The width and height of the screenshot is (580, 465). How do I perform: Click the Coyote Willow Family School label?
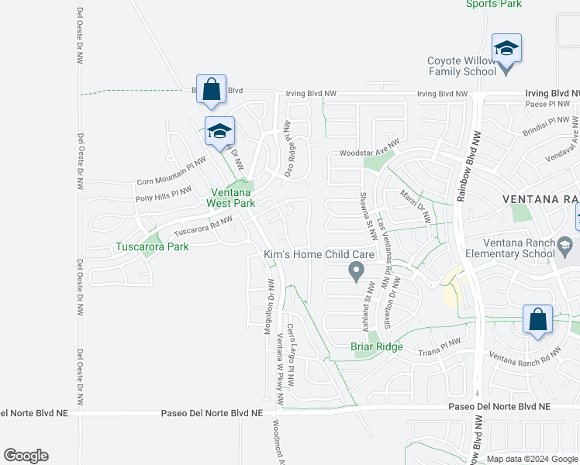462,67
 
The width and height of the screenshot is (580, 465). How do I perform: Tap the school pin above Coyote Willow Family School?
506,49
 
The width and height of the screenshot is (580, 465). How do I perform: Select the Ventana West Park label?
230,198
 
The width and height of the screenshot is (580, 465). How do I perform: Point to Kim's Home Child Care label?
319,254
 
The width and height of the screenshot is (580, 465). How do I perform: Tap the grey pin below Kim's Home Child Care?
356,271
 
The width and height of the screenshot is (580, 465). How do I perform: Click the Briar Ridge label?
377,346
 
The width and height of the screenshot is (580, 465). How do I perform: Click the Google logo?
26,456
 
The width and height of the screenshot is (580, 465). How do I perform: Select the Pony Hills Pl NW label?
163,194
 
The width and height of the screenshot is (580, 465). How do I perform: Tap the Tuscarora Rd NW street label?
203,226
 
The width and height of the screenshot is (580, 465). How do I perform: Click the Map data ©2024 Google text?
531,459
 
